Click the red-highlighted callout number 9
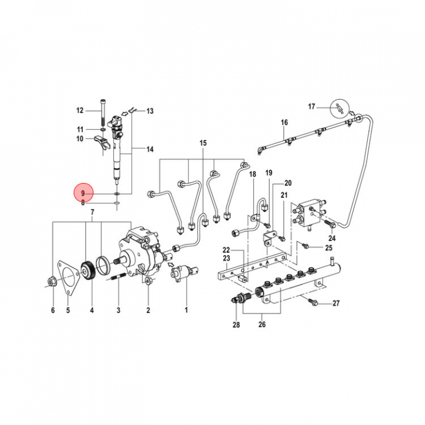[x=83, y=194]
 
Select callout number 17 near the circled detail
[x=312, y=107]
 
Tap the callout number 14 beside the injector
[x=150, y=149]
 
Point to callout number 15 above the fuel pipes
[x=203, y=143]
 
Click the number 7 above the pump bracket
[x=92, y=212]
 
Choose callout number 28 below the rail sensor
[x=237, y=325]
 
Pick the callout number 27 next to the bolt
[x=336, y=303]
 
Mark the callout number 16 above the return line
[x=284, y=123]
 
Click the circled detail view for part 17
[x=339, y=107]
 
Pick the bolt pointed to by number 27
[x=313, y=302]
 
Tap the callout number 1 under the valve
[x=186, y=310]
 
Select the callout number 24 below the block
[x=332, y=238]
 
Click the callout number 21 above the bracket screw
[x=284, y=195]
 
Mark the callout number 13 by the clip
[x=150, y=111]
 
